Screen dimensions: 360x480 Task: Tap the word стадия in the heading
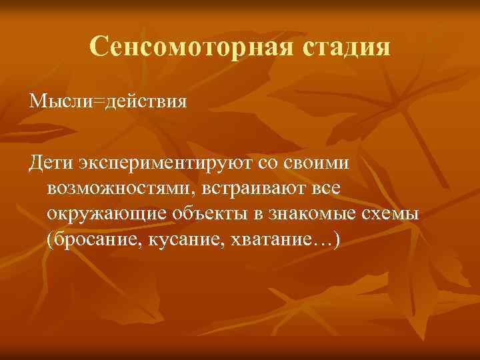coord(347,46)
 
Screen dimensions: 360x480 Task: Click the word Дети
coord(51,163)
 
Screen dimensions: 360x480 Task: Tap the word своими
coord(312,163)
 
